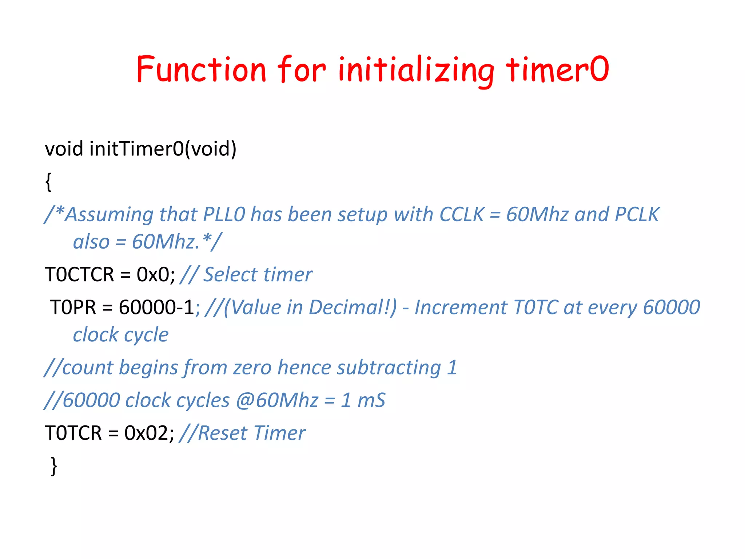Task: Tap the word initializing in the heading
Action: [415, 70]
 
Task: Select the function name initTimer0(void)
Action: [163, 148]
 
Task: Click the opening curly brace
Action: [48, 182]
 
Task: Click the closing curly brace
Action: [54, 466]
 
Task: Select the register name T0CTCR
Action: [79, 274]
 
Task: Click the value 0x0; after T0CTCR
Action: [156, 274]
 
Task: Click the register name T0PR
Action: [73, 307]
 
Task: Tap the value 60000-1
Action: [156, 307]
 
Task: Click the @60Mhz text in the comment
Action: [277, 400]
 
